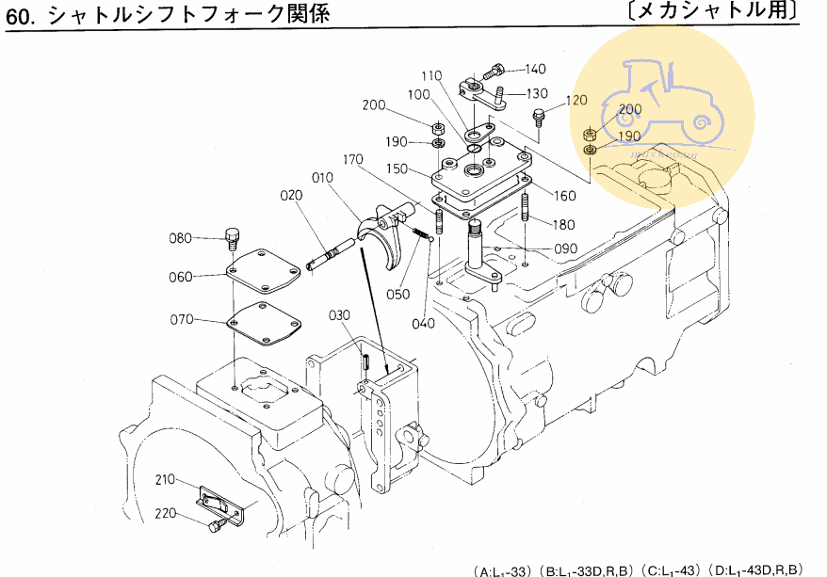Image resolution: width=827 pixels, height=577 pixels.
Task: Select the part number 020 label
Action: coord(291,196)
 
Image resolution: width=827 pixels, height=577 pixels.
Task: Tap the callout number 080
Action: coord(180,238)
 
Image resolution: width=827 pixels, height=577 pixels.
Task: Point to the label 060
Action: coord(181,277)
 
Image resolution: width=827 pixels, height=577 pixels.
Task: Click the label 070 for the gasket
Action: coord(181,320)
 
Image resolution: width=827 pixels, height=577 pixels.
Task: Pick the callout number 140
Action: coord(535,69)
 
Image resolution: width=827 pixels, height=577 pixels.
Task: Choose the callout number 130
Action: coord(536,93)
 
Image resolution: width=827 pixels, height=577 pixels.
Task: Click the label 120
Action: coord(576,101)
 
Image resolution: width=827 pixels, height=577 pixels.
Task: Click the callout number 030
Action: coord(339,314)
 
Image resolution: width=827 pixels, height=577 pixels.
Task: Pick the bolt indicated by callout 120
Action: coord(539,118)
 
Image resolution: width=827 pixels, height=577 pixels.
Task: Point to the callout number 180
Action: coord(563,224)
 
